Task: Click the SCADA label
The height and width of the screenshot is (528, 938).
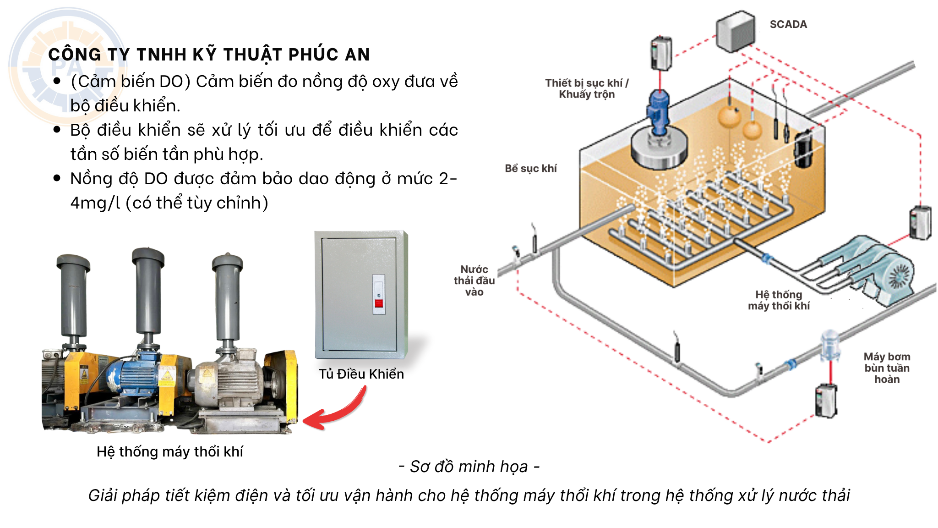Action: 788,24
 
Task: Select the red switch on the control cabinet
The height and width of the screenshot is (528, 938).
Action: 379,302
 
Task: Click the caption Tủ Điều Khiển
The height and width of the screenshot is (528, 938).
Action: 361,374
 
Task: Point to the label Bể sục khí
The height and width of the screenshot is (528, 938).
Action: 530,168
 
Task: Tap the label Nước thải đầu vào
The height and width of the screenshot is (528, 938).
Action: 474,280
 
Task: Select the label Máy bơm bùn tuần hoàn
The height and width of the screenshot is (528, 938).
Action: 887,368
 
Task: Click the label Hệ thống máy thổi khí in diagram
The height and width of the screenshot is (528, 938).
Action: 779,300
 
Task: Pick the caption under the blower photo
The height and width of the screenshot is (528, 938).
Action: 170,451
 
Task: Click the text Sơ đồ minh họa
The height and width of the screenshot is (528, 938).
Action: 469,467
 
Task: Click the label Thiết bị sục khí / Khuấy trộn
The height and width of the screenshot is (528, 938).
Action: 587,88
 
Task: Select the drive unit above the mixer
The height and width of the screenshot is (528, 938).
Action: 661,53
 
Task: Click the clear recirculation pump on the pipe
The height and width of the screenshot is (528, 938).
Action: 830,345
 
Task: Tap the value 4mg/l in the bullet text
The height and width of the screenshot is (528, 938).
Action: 95,203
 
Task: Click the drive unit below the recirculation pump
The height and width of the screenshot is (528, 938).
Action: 826,401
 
